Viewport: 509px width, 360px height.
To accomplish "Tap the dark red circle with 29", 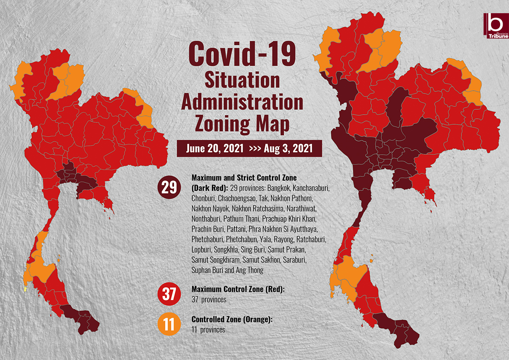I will click(169, 187).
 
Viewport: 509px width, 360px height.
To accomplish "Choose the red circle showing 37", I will click(169, 294).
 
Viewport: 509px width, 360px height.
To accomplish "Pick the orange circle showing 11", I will click(169, 325).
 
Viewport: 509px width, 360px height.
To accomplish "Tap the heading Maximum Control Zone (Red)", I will click(238, 289).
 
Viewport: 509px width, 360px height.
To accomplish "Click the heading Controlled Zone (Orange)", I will click(232, 320).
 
